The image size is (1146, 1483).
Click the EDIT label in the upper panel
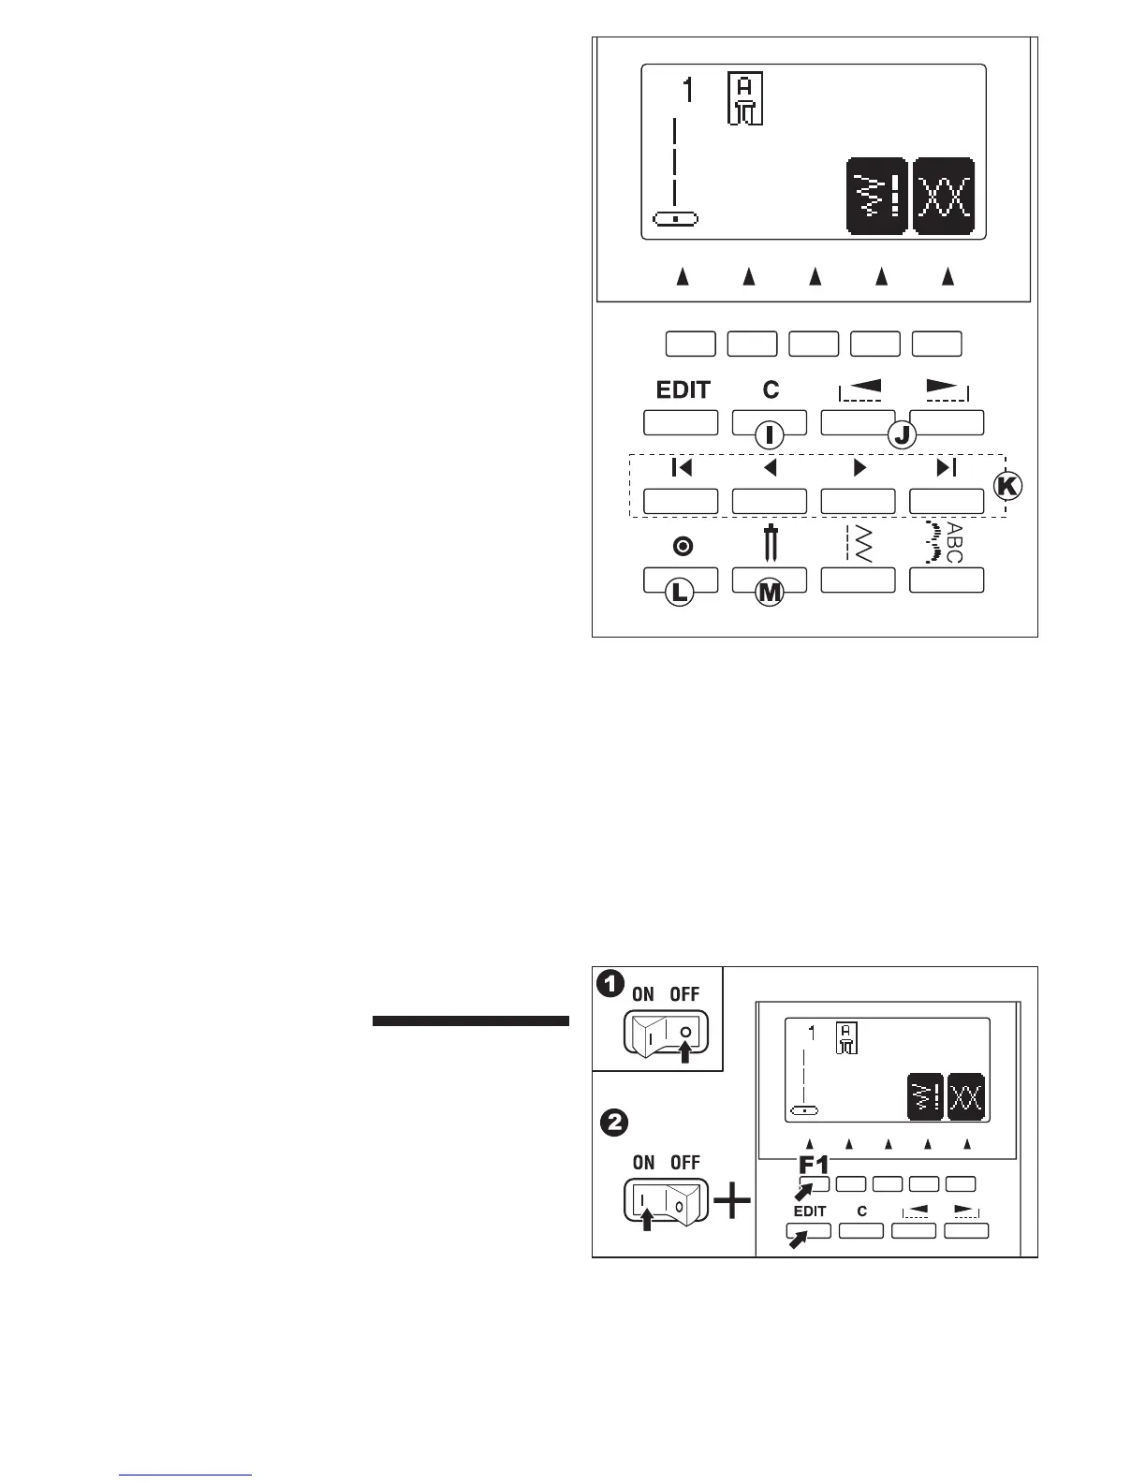(x=683, y=390)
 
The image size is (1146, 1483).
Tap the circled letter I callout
(x=770, y=434)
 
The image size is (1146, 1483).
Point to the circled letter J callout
(x=901, y=434)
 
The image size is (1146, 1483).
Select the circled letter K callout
(x=1008, y=486)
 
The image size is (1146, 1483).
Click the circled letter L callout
(x=680, y=592)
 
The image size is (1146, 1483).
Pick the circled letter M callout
(x=769, y=592)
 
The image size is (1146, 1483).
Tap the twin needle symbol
(x=771, y=543)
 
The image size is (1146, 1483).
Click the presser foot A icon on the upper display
(x=746, y=98)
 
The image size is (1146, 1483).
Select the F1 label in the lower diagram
(x=814, y=1167)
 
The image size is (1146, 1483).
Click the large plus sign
(x=732, y=1202)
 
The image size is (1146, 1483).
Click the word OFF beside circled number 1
(x=685, y=994)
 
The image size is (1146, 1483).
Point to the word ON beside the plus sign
(x=643, y=1163)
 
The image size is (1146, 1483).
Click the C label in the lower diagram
(x=861, y=1211)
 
